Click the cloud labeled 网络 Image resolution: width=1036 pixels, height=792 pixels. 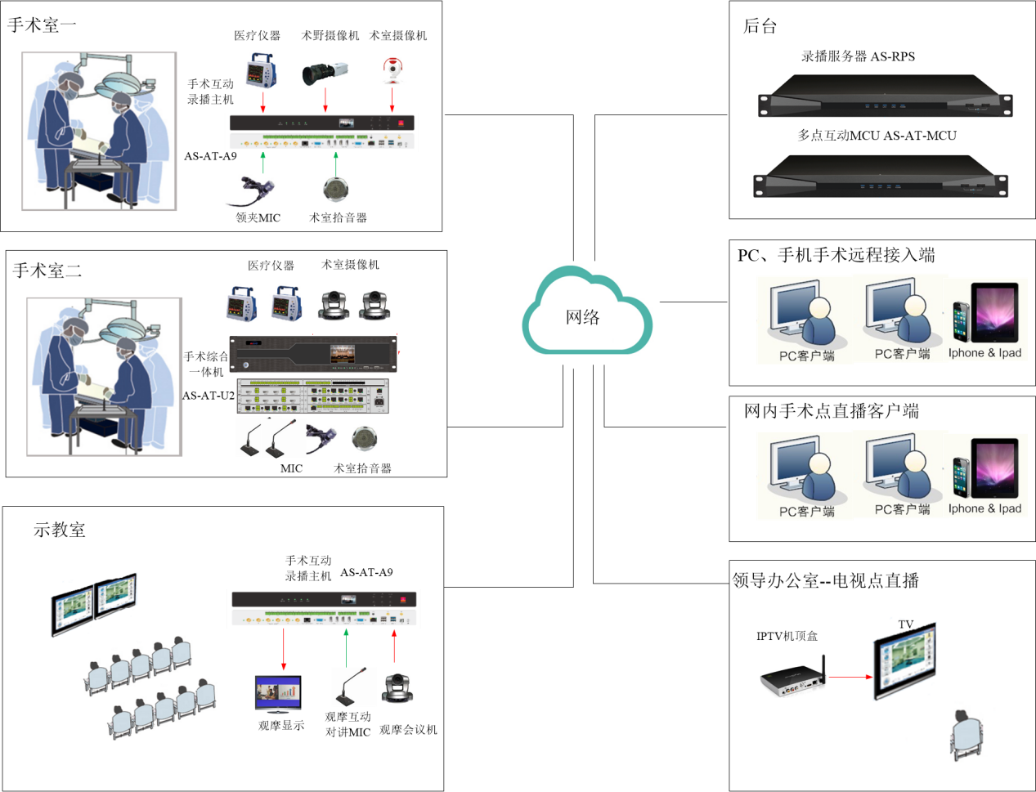[x=585, y=315]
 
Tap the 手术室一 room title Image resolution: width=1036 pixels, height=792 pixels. [x=42, y=25]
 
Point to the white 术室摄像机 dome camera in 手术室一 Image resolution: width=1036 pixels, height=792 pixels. [x=393, y=70]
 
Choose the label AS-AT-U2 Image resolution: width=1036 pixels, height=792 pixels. [x=208, y=396]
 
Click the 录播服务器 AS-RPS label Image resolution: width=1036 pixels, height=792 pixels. [x=858, y=56]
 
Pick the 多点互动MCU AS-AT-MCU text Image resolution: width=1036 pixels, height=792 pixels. [x=877, y=136]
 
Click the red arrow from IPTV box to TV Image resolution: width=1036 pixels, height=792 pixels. [x=850, y=677]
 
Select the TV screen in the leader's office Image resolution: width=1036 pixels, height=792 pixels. [x=904, y=662]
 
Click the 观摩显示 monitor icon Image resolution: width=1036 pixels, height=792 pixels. [x=278, y=694]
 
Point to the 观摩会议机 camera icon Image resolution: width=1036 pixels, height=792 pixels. [x=398, y=688]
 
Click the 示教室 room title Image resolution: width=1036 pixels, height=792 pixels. [x=59, y=530]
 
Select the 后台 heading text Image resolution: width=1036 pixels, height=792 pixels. [x=759, y=26]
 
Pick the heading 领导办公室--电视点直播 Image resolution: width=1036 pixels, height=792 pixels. [x=826, y=580]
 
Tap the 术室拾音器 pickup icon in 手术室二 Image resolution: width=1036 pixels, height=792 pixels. [x=363, y=439]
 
